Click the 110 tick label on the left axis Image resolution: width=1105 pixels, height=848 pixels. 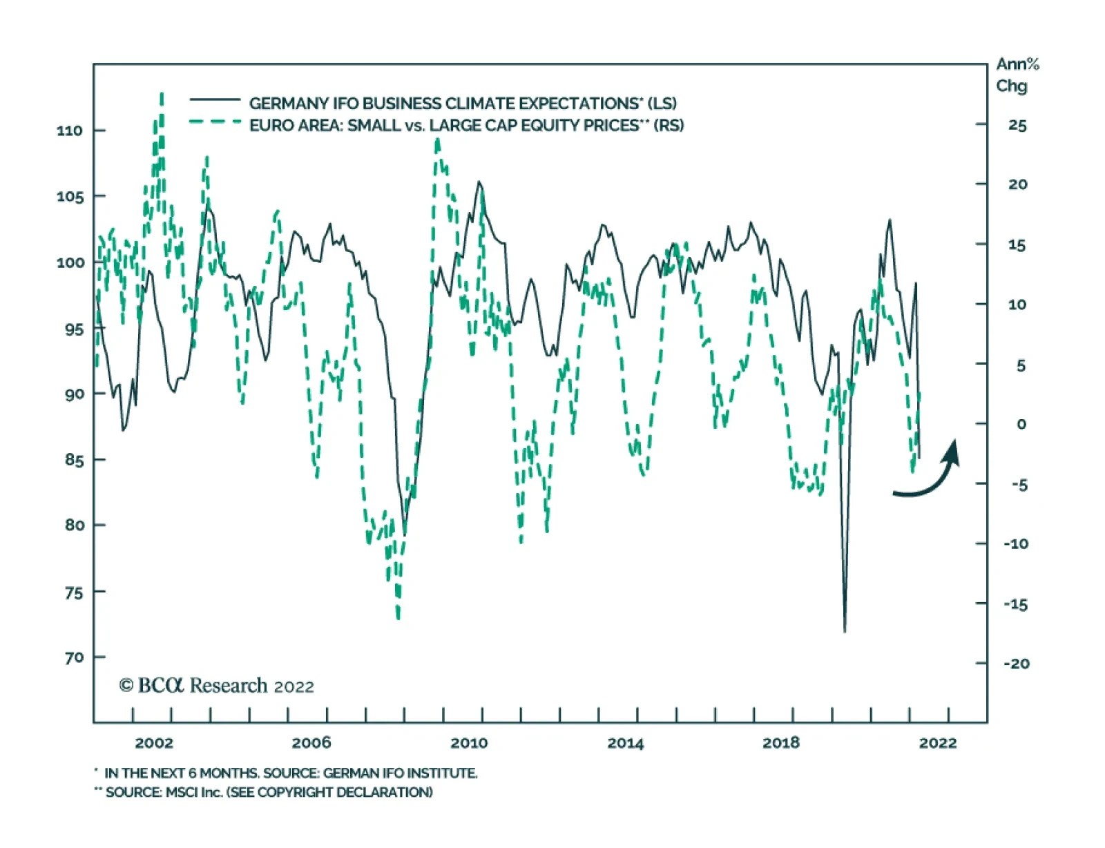point(69,131)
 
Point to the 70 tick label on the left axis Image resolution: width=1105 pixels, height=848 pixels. point(75,657)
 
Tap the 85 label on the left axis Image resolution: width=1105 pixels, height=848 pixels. point(75,460)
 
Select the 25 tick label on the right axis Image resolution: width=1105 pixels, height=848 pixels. point(1017,126)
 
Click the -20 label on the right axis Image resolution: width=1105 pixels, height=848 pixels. point(1016,664)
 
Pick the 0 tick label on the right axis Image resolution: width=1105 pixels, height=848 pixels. point(1021,424)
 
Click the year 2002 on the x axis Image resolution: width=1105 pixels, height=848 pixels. point(154,743)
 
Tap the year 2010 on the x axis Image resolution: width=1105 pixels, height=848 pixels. point(468,743)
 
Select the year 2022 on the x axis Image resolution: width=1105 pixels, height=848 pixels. point(938,743)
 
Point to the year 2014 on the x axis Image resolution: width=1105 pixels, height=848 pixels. point(625,743)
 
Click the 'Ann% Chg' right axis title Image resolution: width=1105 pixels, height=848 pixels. point(1016,75)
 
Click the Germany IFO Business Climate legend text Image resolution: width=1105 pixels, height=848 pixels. point(463,104)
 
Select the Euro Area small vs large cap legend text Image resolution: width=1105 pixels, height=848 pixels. point(466,125)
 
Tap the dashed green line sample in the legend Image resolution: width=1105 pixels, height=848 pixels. point(215,122)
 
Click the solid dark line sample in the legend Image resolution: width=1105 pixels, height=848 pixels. point(215,100)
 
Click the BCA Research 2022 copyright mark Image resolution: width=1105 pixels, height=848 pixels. point(216,686)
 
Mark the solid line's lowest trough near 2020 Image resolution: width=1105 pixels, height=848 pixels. point(845,630)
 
